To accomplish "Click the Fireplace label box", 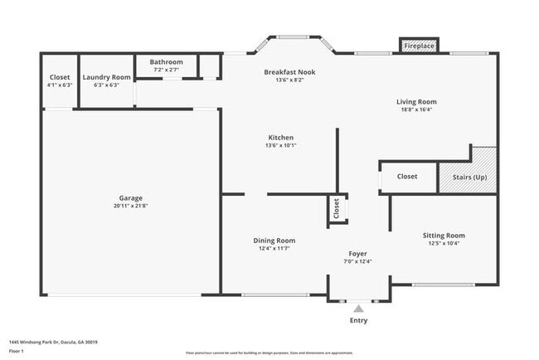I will coord(419,46).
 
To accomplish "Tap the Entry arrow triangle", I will coord(358,308).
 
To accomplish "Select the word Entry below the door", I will coord(358,320).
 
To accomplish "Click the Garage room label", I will coord(131,198).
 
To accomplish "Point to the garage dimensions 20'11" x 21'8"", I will coord(131,206).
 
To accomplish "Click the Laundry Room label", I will coord(107,77).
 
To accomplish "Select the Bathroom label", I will coord(166,62).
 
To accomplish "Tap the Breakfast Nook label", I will coord(289,72).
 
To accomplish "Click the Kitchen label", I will coord(280,138).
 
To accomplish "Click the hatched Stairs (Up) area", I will coord(469,176).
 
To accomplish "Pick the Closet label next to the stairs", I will coord(407,176).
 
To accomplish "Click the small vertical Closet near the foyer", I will coord(336,210).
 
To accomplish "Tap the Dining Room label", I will coord(274,241).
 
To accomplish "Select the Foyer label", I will coord(357,254).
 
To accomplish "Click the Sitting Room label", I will coord(444,235).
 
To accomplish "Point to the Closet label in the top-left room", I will coord(60,77).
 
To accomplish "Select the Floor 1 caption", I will coord(16,351).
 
